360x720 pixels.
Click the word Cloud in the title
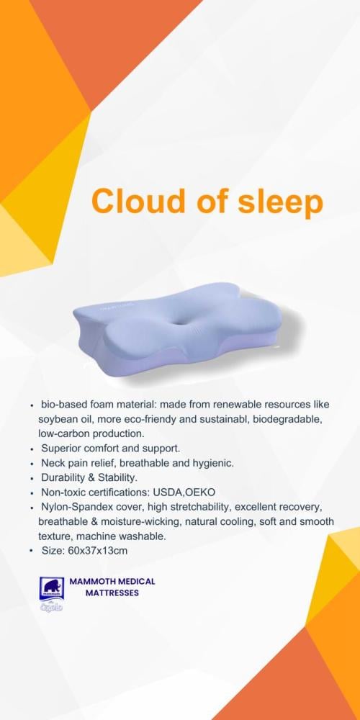136,201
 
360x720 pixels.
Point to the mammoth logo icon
51,588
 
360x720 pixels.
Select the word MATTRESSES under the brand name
112,593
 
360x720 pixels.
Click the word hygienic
216,463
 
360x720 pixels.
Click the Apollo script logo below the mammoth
51,606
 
